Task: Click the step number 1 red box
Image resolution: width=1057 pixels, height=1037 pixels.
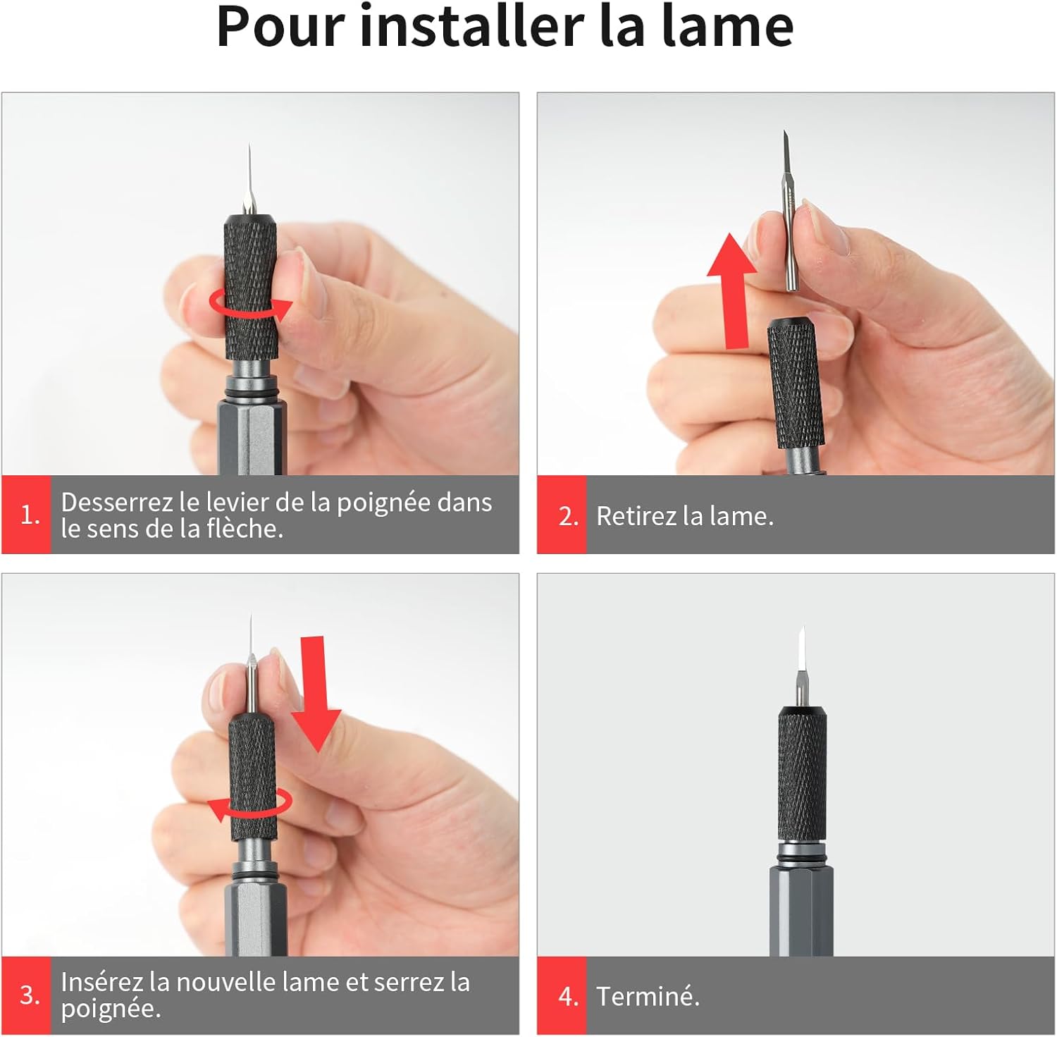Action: coord(27,515)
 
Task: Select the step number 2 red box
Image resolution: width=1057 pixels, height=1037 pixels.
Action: coord(562,515)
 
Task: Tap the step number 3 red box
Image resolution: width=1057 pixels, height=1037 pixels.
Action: coord(27,995)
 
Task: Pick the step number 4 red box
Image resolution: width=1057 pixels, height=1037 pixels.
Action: coord(562,995)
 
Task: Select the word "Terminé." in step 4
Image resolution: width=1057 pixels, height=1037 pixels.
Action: coord(648,996)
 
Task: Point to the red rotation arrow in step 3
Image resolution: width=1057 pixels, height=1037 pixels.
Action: coord(251,805)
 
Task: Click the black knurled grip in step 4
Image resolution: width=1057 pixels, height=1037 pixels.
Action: coord(802,774)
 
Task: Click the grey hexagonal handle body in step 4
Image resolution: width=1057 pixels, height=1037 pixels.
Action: coord(801,911)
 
